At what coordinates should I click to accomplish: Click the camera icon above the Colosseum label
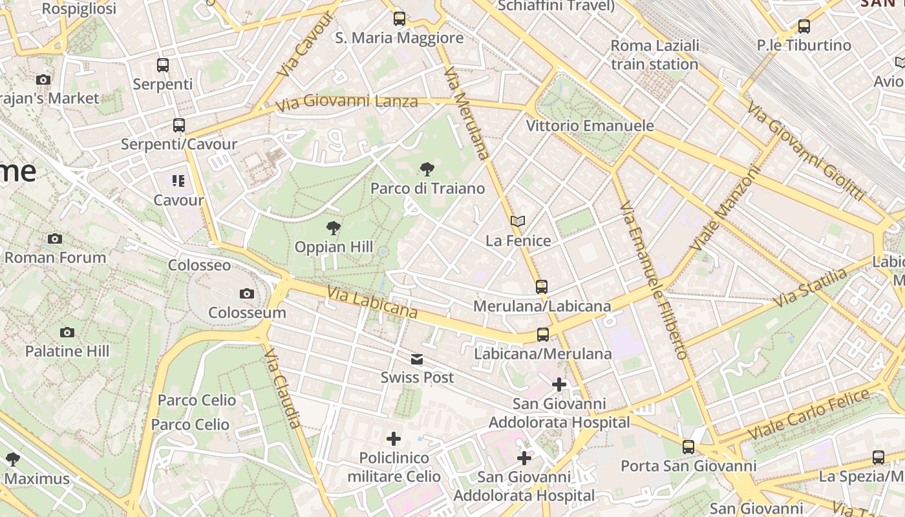246,294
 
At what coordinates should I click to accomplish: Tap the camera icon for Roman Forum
55,239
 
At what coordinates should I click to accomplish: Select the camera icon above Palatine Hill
67,333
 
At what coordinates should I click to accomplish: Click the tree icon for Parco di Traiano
427,170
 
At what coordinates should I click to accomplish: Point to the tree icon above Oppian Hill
334,227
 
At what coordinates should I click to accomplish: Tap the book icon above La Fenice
517,222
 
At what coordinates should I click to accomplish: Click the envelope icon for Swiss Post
417,359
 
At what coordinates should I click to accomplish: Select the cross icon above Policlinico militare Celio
393,439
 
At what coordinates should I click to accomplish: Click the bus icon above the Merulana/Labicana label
542,286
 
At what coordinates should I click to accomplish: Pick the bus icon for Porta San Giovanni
688,447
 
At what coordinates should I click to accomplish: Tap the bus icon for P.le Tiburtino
804,26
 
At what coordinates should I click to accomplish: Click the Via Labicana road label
372,303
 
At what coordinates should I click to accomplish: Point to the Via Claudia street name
283,388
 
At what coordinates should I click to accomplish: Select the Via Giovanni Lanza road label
346,101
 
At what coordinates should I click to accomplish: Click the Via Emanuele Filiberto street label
653,279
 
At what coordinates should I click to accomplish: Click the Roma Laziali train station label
654,55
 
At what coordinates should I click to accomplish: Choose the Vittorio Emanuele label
590,126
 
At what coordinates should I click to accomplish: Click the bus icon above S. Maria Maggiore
399,18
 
